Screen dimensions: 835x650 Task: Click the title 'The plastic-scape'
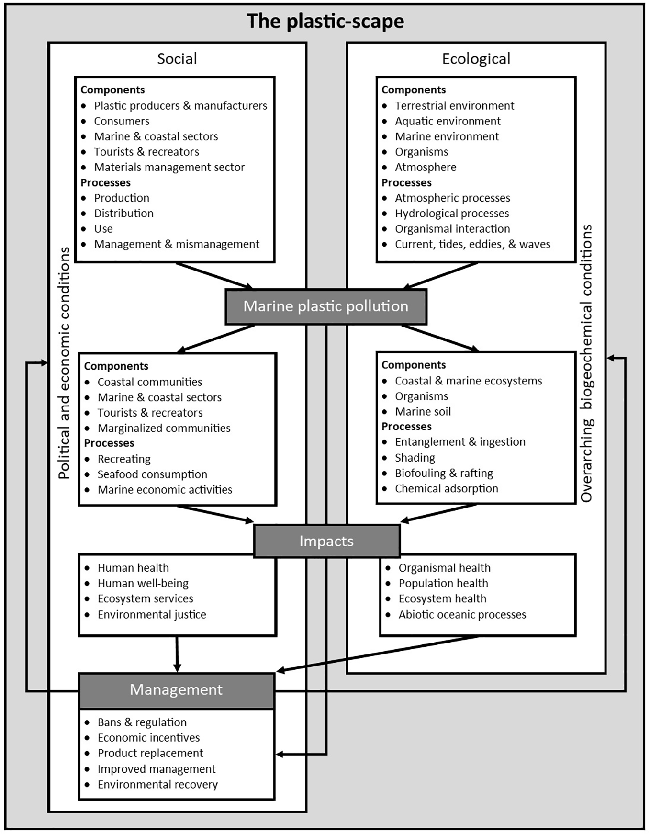click(325, 22)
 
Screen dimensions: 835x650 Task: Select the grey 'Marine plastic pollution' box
click(325, 306)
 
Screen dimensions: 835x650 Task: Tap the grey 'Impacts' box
click(326, 541)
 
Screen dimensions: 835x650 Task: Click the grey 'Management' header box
click(176, 690)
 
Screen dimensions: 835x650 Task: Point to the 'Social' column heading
click(177, 59)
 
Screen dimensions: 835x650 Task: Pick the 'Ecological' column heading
click(476, 59)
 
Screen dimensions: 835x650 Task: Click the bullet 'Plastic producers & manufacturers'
click(180, 106)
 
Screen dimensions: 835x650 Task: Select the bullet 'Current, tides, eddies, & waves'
click(472, 244)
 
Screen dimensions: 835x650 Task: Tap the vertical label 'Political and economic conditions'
click(64, 363)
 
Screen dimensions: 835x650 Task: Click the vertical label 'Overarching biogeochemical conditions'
click(586, 363)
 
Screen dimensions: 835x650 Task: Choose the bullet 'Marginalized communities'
click(164, 428)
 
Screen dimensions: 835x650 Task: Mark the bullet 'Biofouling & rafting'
click(444, 473)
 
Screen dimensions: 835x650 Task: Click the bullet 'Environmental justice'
click(152, 614)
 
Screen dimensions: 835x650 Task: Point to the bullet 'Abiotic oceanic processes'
click(462, 614)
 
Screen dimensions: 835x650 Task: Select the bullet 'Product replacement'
click(150, 753)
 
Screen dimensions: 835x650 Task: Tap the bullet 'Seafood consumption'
click(152, 474)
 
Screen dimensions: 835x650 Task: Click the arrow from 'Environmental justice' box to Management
click(177, 654)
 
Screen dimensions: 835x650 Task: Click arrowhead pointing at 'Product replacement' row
click(280, 755)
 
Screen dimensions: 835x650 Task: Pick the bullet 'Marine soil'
click(423, 412)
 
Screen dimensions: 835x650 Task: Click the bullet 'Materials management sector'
click(169, 167)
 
